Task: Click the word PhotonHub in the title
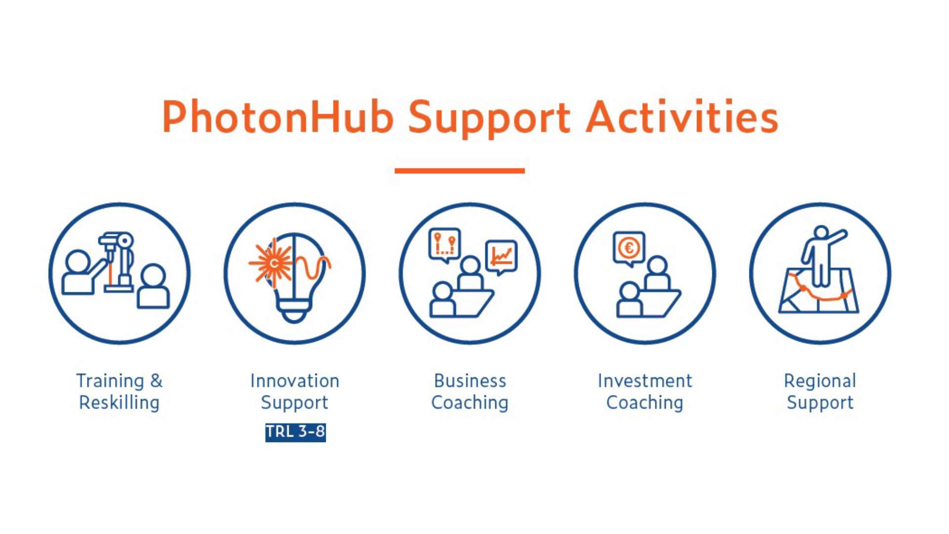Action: tap(277, 118)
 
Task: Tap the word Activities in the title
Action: tap(682, 118)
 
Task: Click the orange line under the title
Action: tap(459, 171)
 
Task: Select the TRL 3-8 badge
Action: tap(295, 432)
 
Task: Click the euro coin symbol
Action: tap(629, 247)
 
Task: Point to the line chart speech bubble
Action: tap(501, 256)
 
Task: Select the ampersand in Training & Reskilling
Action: tap(156, 381)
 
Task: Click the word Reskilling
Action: tap(119, 402)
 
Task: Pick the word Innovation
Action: tap(295, 381)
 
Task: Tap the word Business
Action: tap(470, 381)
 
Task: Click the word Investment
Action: tap(645, 381)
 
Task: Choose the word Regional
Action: tap(820, 381)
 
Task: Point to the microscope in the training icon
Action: tap(119, 262)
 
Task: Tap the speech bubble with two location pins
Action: tap(444, 244)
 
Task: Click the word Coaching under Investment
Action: tap(645, 402)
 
